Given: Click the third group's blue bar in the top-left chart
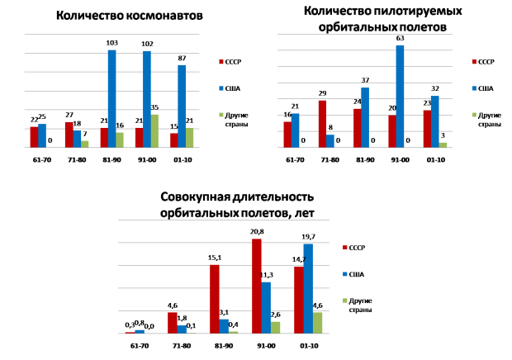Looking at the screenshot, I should click(x=111, y=98).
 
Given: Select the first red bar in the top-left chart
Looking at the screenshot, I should click(x=34, y=137).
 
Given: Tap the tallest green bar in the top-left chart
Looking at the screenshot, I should click(x=154, y=130).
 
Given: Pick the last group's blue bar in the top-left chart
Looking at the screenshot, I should click(x=182, y=106).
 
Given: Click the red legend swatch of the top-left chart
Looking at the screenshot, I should click(x=221, y=62).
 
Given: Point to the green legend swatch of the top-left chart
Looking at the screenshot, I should click(x=221, y=115).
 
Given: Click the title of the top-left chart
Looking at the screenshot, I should click(x=130, y=16).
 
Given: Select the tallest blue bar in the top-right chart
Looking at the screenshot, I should click(x=400, y=96).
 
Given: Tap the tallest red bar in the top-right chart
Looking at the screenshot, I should click(x=322, y=124).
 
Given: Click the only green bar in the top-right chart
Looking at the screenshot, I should click(x=443, y=144).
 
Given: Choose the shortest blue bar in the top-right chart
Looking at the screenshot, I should click(x=330, y=141).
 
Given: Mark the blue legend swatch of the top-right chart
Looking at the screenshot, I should click(x=475, y=88).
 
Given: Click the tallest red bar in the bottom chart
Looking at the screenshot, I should click(x=257, y=286).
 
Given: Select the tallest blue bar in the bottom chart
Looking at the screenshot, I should click(x=308, y=288).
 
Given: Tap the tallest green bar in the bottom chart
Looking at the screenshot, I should click(x=318, y=323).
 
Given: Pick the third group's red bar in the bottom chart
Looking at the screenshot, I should click(x=215, y=299).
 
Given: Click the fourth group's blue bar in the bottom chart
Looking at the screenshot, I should click(x=266, y=307).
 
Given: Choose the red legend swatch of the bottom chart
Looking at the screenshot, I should click(x=345, y=248).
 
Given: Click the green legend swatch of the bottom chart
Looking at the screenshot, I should click(x=345, y=301).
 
